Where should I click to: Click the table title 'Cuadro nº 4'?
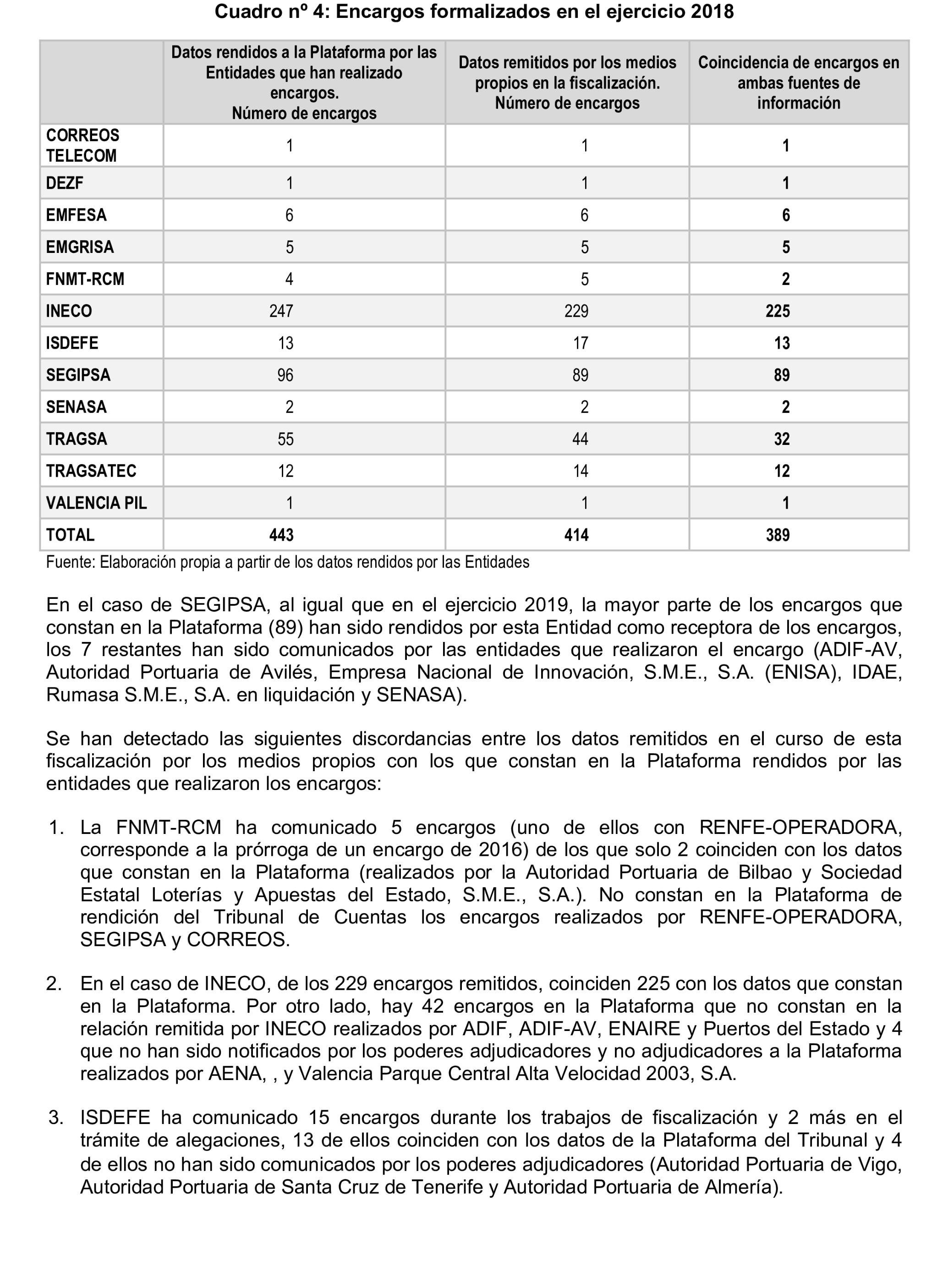[474, 11]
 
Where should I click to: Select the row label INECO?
[69, 311]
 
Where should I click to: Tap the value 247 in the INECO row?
[281, 311]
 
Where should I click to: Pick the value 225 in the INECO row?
[778, 311]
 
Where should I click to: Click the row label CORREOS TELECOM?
[82, 145]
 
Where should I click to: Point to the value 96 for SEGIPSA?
[285, 375]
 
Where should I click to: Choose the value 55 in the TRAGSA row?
[285, 439]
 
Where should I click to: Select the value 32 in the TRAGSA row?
[782, 439]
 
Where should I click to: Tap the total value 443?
[281, 535]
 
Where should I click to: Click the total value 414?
[576, 535]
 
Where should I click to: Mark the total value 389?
[778, 535]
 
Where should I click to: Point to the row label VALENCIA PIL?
[96, 503]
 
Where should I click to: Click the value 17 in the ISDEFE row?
[580, 343]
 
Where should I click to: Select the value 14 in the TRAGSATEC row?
[580, 471]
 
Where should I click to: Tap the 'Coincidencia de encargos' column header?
[798, 82]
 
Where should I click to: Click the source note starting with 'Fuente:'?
[287, 562]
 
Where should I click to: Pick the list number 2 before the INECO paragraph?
[54, 1000]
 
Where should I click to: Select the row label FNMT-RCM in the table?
[85, 280]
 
